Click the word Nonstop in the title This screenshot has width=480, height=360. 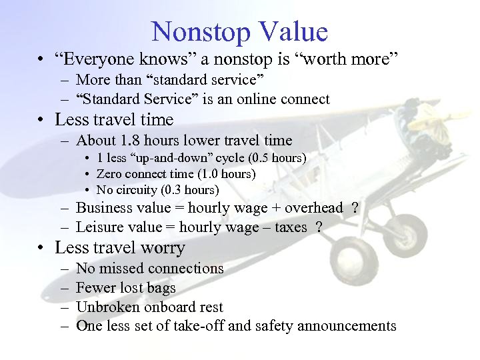[x=199, y=32]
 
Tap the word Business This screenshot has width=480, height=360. [x=105, y=208]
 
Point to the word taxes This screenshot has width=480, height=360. [x=291, y=227]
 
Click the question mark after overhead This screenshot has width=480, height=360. [x=355, y=208]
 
